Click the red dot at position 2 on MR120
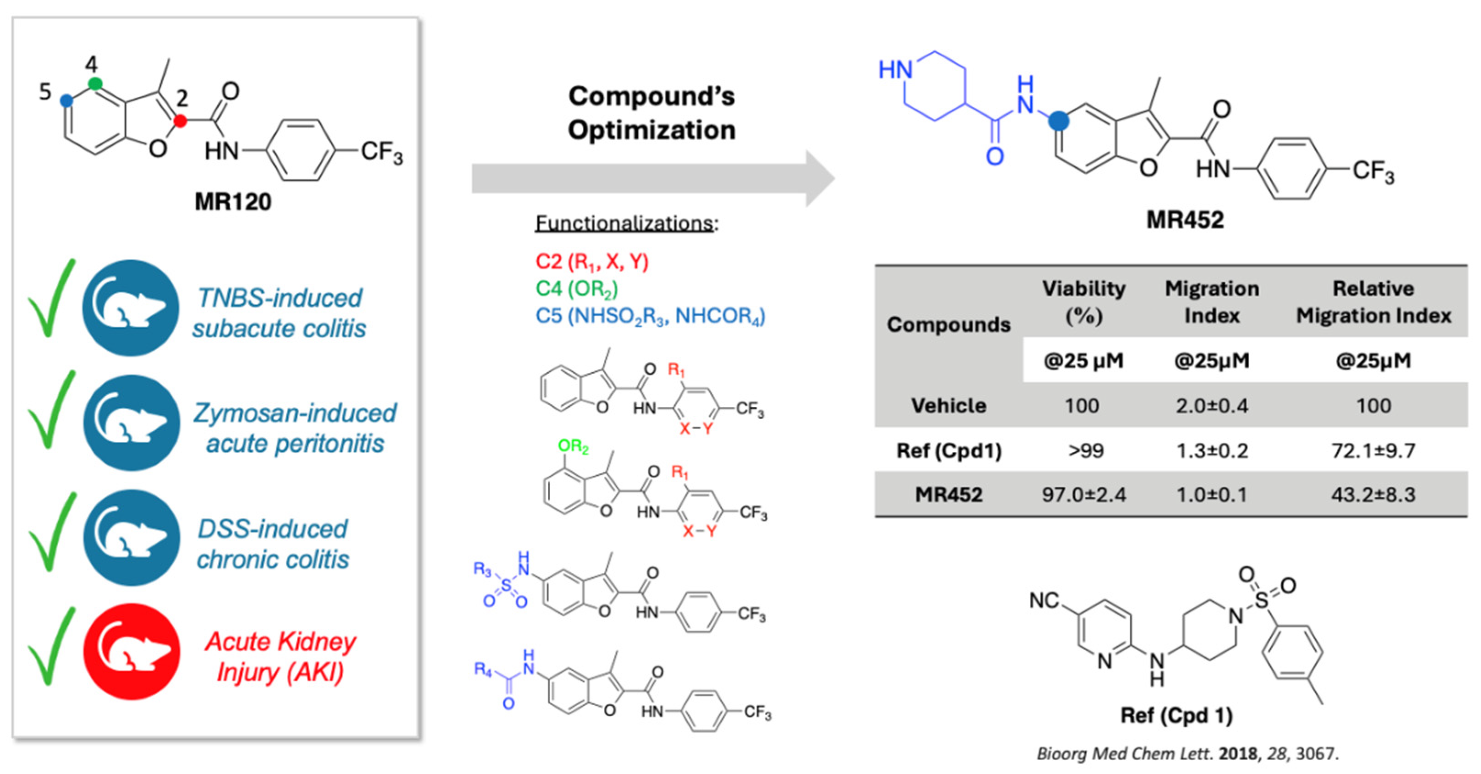pos(180,121)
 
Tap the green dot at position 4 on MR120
pos(95,84)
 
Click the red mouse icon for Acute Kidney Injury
pos(131,652)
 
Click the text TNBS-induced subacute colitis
pos(279,313)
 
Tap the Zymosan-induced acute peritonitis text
pos(295,428)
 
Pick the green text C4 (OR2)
pos(576,288)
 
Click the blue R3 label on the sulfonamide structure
pos(482,569)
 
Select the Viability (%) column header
pos(1084,302)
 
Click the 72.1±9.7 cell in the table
pos(1373,450)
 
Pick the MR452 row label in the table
pos(949,494)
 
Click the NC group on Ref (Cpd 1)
pos(1044,601)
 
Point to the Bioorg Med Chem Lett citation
pos(1188,753)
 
